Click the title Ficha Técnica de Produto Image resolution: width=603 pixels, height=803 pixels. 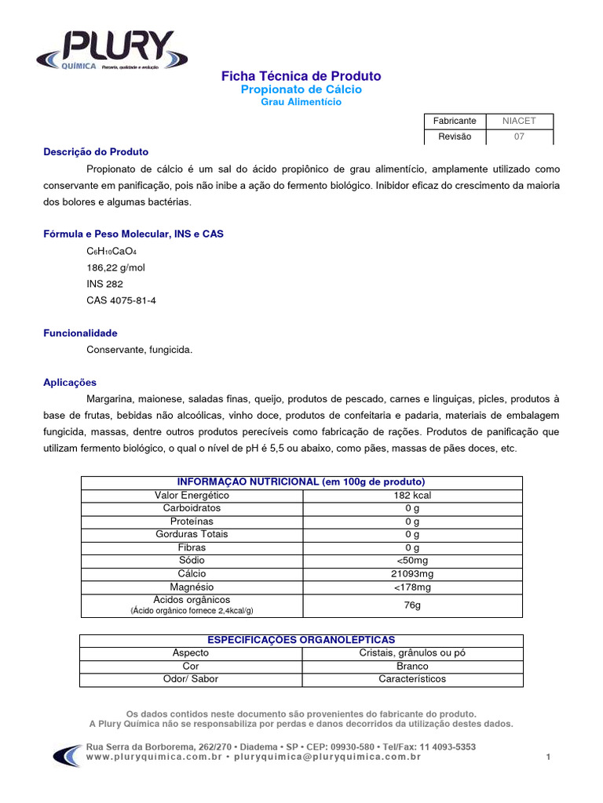point(301,76)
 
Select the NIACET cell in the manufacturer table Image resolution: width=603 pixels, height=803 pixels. point(519,121)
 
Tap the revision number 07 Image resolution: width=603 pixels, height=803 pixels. point(519,136)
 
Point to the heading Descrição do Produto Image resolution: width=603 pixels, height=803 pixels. point(96,151)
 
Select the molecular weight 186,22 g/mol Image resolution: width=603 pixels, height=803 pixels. point(115,267)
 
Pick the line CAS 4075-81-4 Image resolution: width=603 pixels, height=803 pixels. point(121,300)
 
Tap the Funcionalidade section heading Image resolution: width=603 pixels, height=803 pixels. point(80,333)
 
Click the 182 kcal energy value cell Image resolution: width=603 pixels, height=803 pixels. point(412,496)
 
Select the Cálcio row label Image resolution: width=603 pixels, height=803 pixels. point(192,574)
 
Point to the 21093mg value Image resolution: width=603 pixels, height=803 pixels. point(412,574)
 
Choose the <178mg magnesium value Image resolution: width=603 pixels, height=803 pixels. point(412,587)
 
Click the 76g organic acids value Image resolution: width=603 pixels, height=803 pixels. point(412,605)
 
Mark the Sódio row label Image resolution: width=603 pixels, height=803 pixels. point(192,561)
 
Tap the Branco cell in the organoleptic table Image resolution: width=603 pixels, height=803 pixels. point(412,666)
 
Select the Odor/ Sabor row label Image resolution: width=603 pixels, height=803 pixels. point(191,679)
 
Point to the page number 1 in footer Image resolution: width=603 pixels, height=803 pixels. point(548,757)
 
